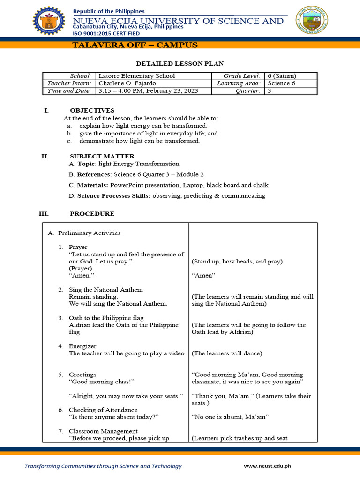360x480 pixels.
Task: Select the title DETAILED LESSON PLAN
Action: [x=180, y=63]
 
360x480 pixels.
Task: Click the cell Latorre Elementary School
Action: [x=136, y=76]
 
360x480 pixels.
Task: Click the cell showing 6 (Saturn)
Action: [x=282, y=76]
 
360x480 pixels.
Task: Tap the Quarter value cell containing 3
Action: [x=270, y=91]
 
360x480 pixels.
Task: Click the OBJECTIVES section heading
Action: [x=92, y=110]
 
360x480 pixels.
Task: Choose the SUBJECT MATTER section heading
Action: [x=102, y=156]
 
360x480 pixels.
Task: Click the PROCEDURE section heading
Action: [x=92, y=214]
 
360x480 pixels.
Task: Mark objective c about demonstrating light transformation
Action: [x=139, y=141]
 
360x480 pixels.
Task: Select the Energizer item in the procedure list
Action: [x=82, y=346]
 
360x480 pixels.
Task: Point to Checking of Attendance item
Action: [x=103, y=410]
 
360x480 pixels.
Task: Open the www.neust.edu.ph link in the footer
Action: [x=267, y=466]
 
